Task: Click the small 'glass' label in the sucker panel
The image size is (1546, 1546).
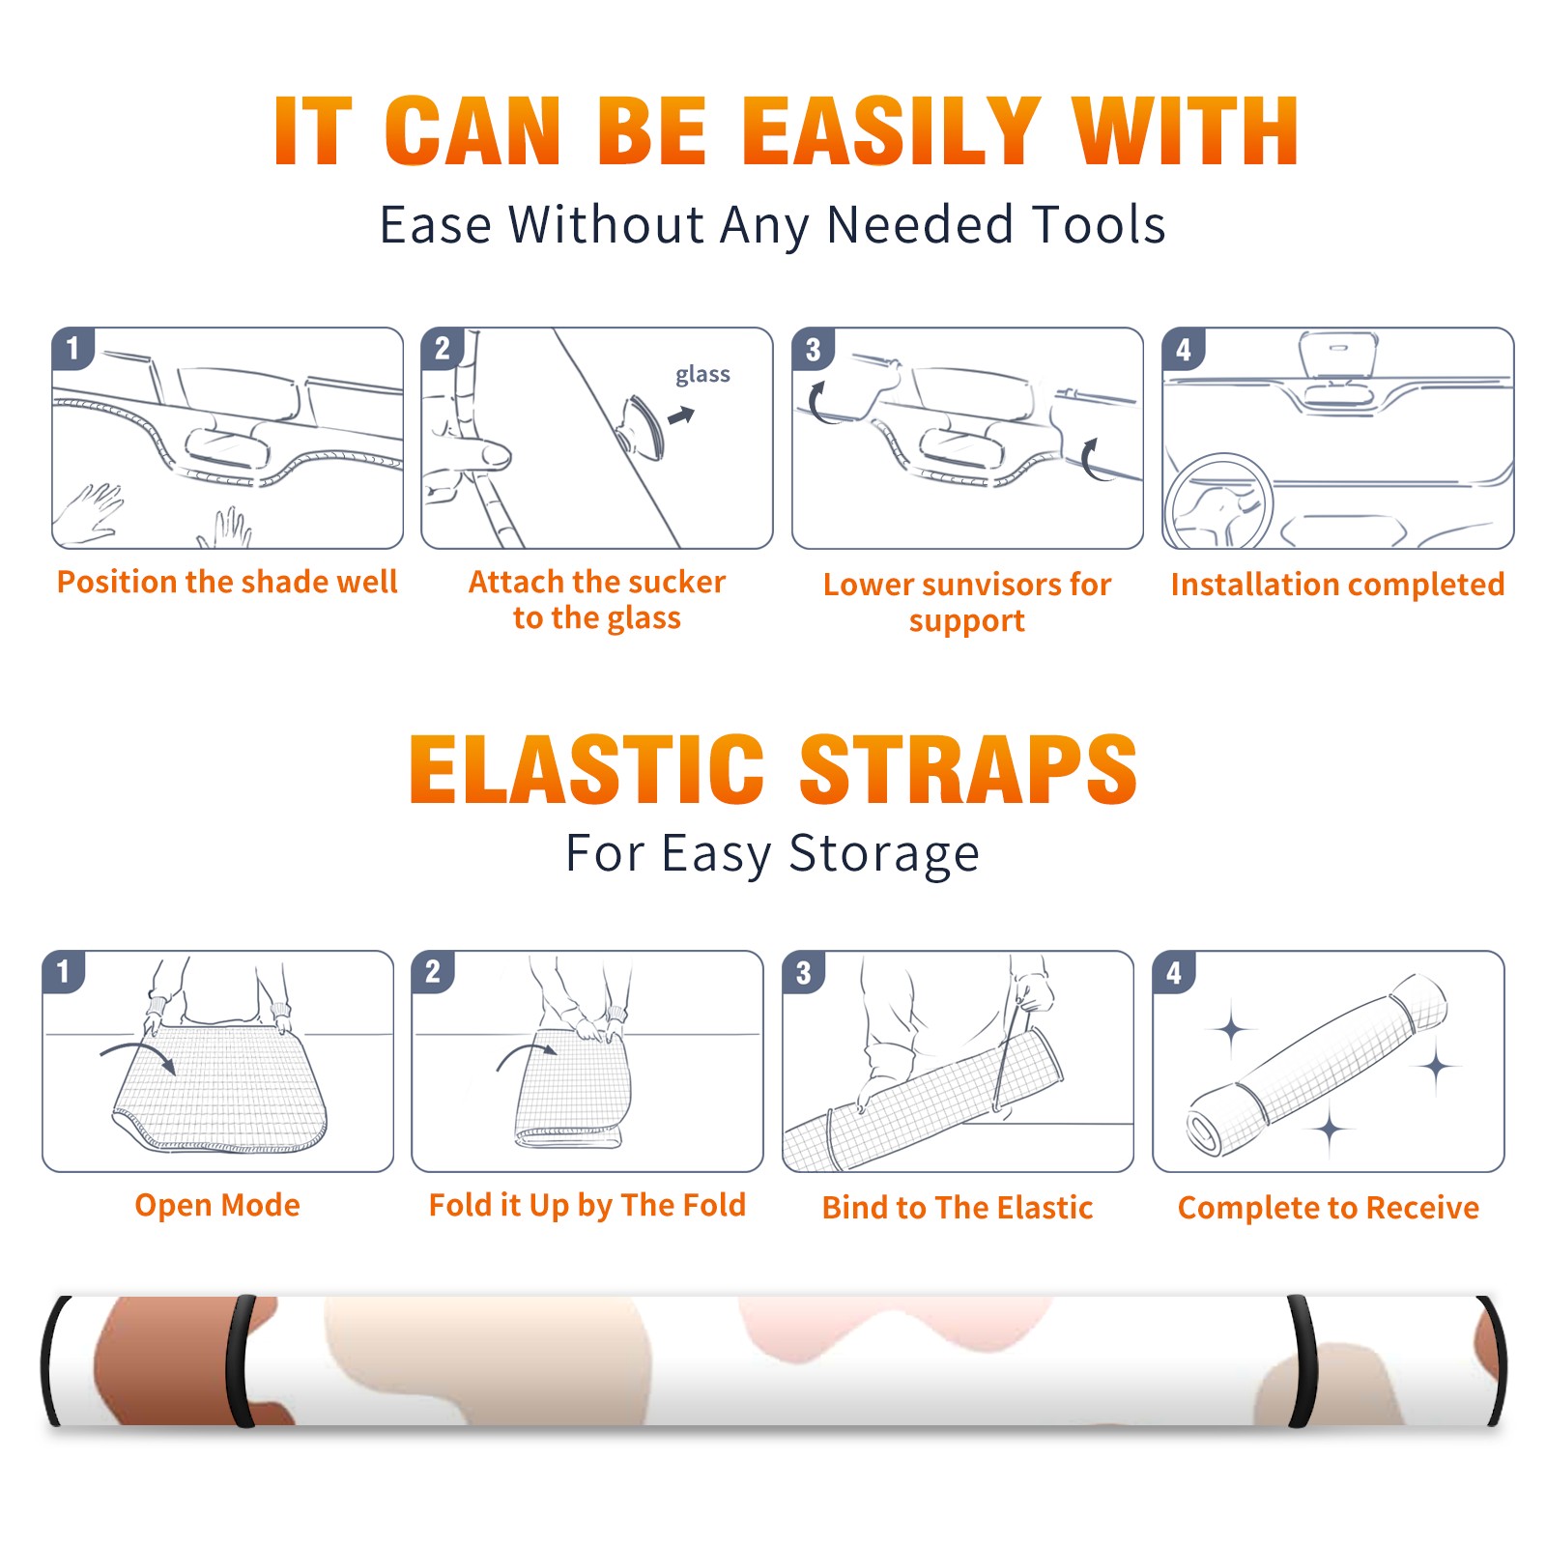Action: tap(702, 375)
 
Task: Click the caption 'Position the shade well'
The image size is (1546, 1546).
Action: tap(227, 582)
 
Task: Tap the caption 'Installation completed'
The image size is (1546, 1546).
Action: tap(1337, 585)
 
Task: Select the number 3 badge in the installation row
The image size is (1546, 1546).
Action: tap(813, 349)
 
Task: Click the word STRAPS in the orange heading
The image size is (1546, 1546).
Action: tap(968, 769)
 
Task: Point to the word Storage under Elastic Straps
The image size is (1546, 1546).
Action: tap(884, 854)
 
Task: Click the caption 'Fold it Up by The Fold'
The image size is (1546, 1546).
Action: tap(587, 1206)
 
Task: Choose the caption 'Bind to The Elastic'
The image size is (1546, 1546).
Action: tap(958, 1208)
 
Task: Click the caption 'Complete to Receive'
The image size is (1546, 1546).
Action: tap(1329, 1208)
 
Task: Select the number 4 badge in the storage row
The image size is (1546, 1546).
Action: tap(1174, 972)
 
